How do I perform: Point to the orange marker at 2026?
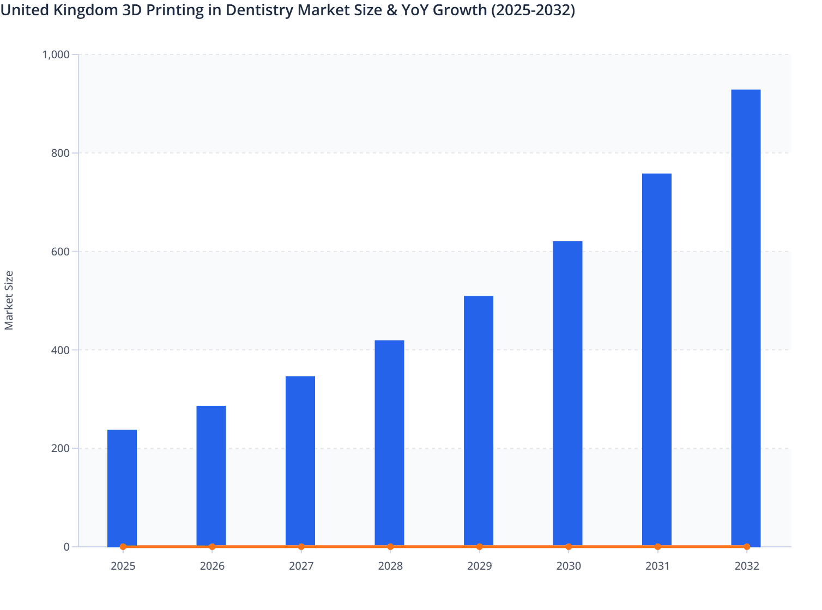212,547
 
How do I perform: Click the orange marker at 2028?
390,547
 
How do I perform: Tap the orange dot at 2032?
747,547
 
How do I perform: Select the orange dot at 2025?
123,547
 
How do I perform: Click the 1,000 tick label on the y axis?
56,54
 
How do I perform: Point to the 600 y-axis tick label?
61,252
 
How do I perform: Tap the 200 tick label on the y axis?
61,449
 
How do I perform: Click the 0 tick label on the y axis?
67,547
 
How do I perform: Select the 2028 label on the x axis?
390,566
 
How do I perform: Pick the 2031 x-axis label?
657,566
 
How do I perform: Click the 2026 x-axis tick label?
212,566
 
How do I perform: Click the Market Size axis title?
9,300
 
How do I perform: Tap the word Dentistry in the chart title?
261,10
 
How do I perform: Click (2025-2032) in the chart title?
533,10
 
